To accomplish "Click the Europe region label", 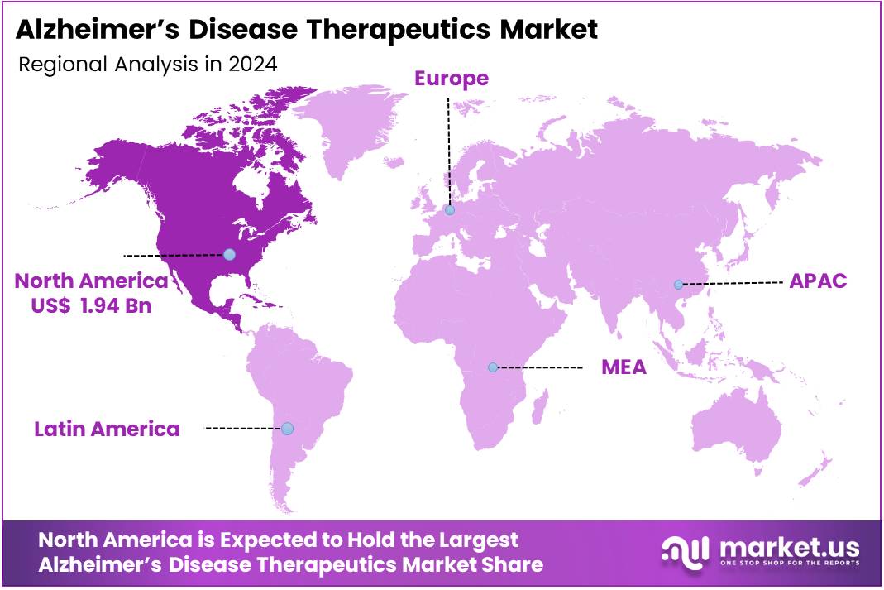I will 451,79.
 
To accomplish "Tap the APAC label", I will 817,281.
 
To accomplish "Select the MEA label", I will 624,367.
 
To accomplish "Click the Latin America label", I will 107,429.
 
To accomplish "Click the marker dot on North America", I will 229,254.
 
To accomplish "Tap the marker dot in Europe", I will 449,210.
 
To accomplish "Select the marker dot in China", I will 678,284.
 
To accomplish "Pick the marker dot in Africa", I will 493,367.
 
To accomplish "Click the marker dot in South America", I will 287,428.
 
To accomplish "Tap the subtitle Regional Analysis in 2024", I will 147,64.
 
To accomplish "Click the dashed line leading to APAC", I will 732,283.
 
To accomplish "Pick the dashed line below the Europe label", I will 448,149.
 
